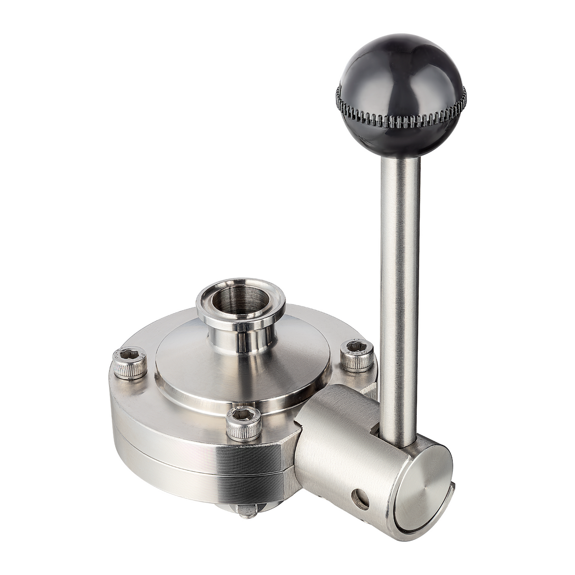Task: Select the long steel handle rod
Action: click(x=400, y=284)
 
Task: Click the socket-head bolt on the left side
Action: click(x=130, y=364)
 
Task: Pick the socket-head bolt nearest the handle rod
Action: click(x=357, y=355)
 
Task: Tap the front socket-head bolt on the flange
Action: click(x=243, y=422)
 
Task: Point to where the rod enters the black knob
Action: click(x=400, y=146)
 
